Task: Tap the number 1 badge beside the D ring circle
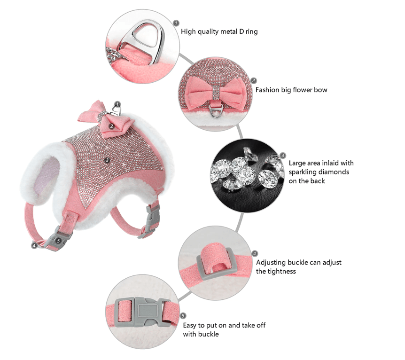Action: point(176,23)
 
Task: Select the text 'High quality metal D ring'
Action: point(219,32)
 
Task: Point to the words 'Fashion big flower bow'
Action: point(291,90)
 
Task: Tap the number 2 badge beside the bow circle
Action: point(254,81)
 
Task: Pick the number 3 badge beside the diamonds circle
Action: point(283,156)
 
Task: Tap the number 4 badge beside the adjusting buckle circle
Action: point(255,253)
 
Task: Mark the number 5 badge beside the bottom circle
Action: point(183,316)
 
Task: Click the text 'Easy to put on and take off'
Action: point(225,325)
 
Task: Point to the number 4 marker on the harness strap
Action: point(34,245)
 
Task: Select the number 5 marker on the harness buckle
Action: point(58,240)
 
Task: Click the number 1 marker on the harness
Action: point(117,104)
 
